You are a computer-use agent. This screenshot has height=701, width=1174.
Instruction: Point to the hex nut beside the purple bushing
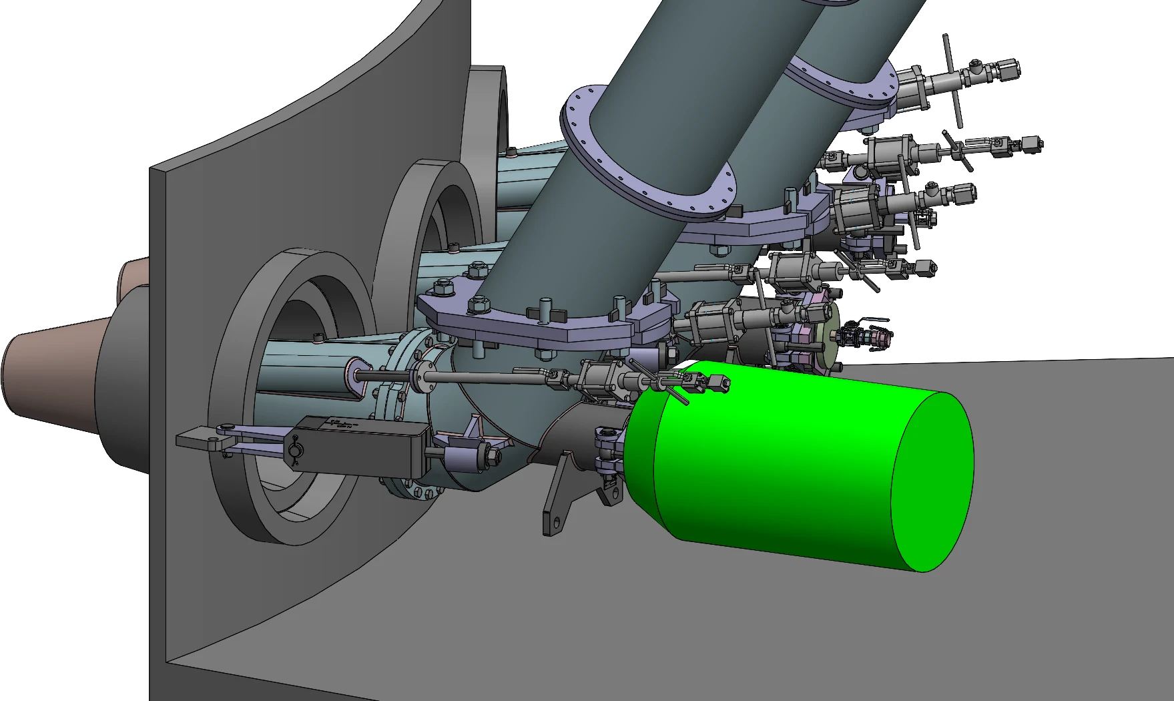click(494, 456)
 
